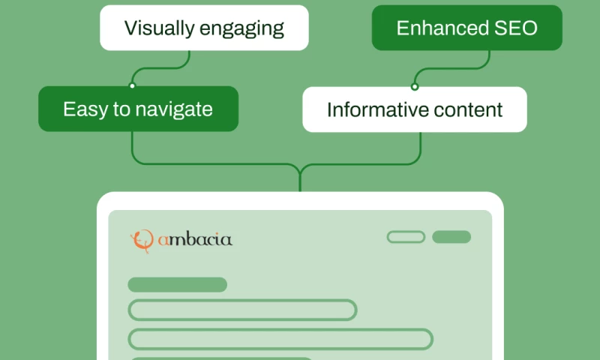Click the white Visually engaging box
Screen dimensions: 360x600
(204, 28)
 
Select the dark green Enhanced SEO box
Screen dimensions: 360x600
(466, 28)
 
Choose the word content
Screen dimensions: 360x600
(469, 109)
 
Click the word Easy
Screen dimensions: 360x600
(85, 109)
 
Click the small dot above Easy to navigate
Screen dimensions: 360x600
(133, 85)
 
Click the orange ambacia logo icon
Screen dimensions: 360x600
(141, 240)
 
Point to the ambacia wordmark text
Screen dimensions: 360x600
(195, 240)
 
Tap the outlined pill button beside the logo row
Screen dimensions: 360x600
(406, 237)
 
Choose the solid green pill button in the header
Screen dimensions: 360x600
(451, 237)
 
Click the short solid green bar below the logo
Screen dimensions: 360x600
(177, 285)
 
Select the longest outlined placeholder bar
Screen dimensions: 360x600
(280, 339)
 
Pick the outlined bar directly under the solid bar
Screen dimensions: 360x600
(242, 310)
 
